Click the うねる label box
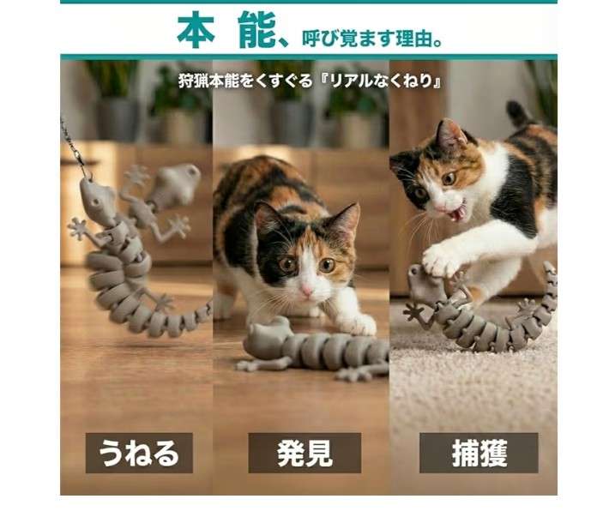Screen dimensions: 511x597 click(x=137, y=452)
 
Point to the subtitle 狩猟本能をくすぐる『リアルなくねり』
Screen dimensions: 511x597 click(x=310, y=83)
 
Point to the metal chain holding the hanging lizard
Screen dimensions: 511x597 click(x=73, y=146)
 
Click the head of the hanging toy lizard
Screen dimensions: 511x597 click(x=93, y=199)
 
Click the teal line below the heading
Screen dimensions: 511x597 click(x=309, y=57)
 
